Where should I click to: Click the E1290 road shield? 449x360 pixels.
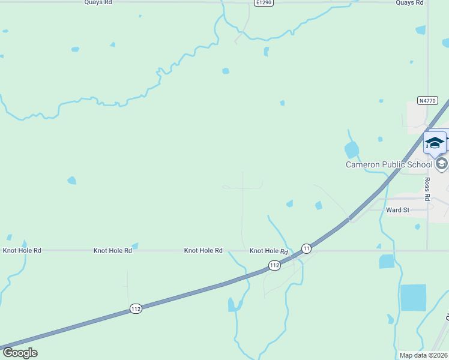coord(264,3)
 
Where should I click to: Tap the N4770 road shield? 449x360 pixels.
coord(427,101)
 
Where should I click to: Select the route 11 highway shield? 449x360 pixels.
coord(306,248)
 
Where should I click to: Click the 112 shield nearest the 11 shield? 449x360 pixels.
coord(274,265)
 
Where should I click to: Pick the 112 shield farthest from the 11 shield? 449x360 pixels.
coord(136,309)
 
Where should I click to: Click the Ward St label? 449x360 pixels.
coord(397,210)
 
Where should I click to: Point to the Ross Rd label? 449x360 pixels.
coord(427,188)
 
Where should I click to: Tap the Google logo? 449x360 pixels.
coord(20,353)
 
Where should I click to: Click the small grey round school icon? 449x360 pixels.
coord(441,164)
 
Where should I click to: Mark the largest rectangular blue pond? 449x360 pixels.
coord(413,298)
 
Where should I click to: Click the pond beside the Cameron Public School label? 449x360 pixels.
coord(352,149)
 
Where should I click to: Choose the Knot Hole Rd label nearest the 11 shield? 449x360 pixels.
coord(269,251)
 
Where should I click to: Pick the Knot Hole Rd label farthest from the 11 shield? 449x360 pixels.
coord(22,250)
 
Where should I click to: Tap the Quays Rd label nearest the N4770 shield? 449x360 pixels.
coord(410,2)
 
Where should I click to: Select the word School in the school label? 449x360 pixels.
coord(420,164)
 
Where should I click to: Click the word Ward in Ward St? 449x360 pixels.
coord(394,210)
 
